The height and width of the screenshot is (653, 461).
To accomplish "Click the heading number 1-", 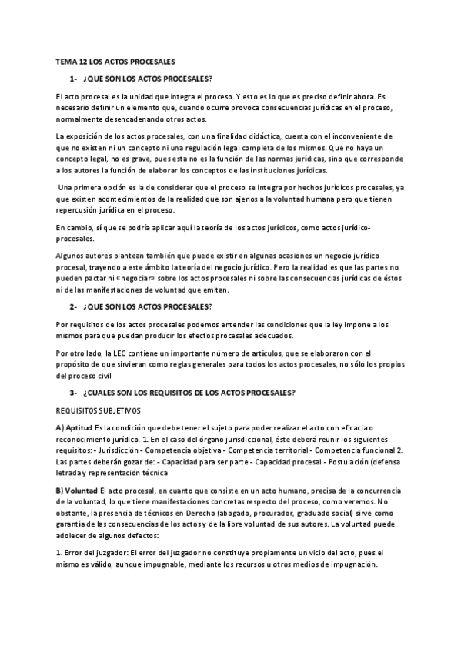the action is pos(73,79).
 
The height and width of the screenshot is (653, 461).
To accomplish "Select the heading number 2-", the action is pos(73,306).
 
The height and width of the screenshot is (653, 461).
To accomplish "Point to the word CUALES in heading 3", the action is pos(112,393).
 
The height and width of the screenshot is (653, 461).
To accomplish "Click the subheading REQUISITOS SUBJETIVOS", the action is pos(99,412).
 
